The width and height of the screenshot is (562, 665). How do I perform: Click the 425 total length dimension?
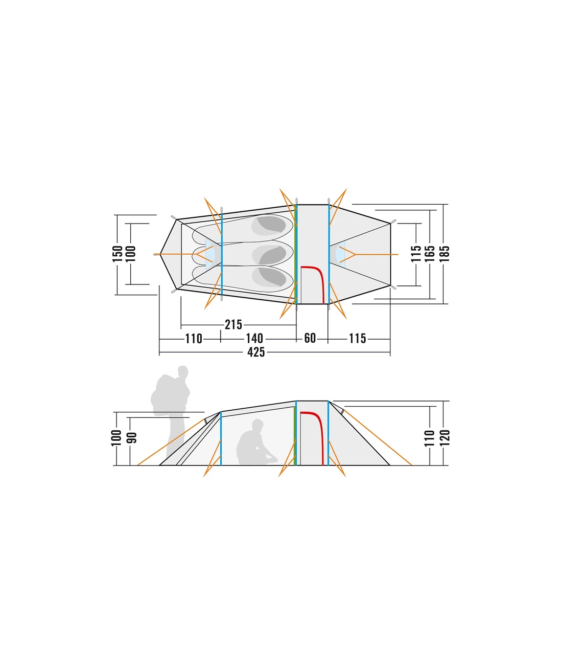coord(256,352)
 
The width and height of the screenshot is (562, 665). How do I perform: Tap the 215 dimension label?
coord(233,325)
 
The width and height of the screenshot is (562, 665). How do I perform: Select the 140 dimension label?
coord(254,339)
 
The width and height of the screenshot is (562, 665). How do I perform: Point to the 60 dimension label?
coord(310,339)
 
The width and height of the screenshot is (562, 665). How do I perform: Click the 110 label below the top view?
coord(194,339)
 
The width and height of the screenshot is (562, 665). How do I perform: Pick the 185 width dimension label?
coord(446,254)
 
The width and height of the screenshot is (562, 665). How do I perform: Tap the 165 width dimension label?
coord(430,254)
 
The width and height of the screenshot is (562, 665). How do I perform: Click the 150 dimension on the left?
coord(118,254)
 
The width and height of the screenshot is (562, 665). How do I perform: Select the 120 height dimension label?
coord(446,438)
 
